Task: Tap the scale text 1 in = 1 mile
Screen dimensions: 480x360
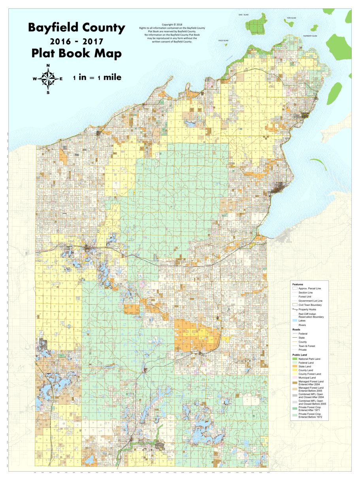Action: (97, 78)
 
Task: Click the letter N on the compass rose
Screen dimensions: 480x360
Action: (48, 66)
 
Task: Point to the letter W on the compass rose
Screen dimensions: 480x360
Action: (35, 79)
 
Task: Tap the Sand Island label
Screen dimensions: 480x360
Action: (243, 15)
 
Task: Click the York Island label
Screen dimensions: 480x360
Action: (291, 18)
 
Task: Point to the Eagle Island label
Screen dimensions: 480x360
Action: (223, 40)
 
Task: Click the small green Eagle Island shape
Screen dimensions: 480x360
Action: (226, 45)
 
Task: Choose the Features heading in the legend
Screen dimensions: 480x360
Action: (298, 284)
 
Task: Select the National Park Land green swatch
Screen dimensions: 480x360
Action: (294, 358)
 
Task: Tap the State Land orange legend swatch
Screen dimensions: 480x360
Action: (294, 366)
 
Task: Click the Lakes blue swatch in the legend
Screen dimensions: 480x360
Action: (294, 321)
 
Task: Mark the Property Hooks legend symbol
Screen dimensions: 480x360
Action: (294, 309)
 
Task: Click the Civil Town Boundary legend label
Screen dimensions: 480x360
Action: (310, 305)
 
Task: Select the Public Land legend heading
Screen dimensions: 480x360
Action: (300, 354)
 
